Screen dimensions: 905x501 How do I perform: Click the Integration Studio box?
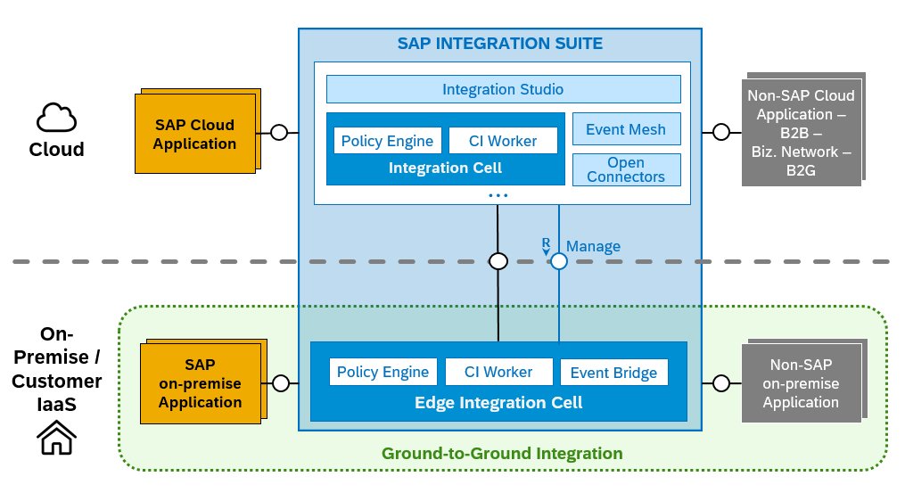click(503, 89)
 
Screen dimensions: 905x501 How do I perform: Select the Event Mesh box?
click(626, 128)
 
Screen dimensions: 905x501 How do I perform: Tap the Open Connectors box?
click(626, 169)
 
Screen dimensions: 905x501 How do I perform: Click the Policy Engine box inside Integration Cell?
click(387, 141)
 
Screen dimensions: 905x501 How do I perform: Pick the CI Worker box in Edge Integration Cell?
click(498, 372)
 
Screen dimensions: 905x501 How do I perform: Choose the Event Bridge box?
click(614, 373)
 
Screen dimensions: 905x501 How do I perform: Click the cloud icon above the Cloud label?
click(56, 118)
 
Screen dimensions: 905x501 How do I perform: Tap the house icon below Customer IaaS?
click(56, 438)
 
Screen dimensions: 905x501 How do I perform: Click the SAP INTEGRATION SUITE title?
click(500, 44)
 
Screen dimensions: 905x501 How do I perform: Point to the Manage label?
click(593, 246)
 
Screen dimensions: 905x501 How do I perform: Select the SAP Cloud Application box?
click(195, 134)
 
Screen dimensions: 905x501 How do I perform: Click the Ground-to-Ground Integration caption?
click(502, 454)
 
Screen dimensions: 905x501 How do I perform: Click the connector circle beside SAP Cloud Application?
click(279, 133)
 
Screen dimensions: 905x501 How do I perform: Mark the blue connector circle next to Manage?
click(559, 261)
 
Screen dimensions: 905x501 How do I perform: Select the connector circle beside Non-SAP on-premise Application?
click(721, 383)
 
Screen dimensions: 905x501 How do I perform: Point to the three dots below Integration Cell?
click(498, 195)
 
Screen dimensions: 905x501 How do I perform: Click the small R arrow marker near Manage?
click(546, 246)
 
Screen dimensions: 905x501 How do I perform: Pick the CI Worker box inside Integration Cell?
click(503, 141)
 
